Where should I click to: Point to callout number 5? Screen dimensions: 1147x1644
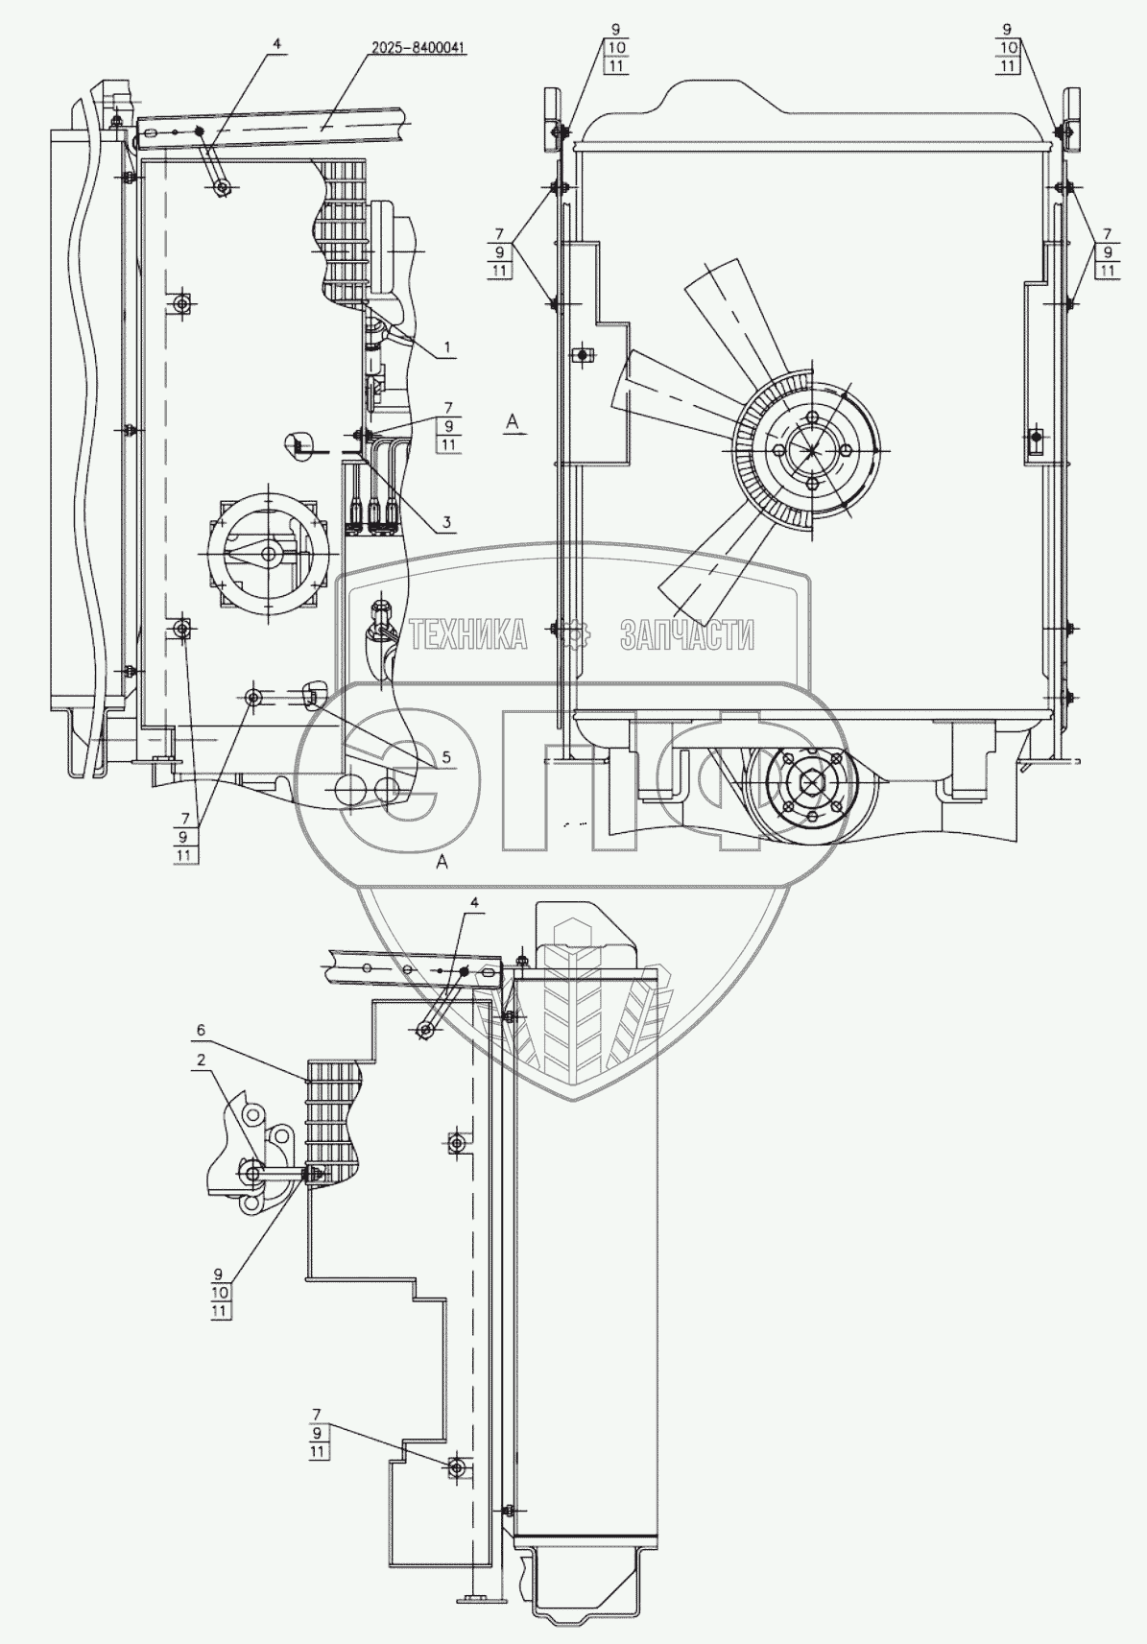pyautogui.click(x=446, y=757)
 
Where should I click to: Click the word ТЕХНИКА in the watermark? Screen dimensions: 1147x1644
pyautogui.click(x=467, y=634)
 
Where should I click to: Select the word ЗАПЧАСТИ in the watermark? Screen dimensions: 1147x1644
pyautogui.click(x=686, y=634)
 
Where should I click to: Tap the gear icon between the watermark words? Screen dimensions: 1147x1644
pyautogui.click(x=575, y=634)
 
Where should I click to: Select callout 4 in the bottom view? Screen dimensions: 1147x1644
pyautogui.click(x=471, y=903)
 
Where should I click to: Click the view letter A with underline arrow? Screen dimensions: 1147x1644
pyautogui.click(x=514, y=421)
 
